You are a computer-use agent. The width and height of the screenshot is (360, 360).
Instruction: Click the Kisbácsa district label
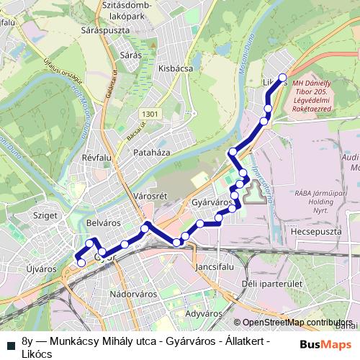pos(175,69)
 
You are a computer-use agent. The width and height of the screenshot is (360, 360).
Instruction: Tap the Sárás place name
pos(130,54)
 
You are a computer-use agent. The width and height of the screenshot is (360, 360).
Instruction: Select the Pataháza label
pos(151,153)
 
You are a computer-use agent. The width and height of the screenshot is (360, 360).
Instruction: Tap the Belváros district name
pos(101,224)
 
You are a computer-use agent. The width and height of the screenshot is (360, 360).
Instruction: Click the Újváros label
pos(41,269)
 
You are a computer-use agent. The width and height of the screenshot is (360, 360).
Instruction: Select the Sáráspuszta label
pos(124,32)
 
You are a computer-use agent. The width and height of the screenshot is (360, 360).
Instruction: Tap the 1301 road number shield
pos(150,114)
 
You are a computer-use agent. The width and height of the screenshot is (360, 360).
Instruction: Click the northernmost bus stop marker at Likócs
pos(283,78)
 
